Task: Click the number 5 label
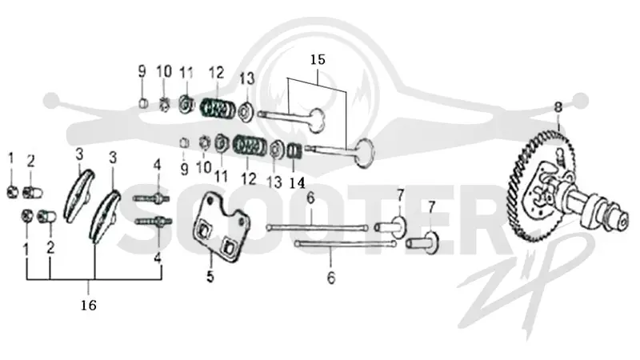[x=210, y=276]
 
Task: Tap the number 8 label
[x=558, y=107]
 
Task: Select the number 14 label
[x=297, y=183]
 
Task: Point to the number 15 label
[x=318, y=59]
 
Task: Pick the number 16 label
[x=89, y=305]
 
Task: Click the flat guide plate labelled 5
[x=220, y=226]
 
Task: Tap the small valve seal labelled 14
[x=294, y=151]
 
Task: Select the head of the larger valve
[x=364, y=153]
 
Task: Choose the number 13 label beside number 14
[x=274, y=182]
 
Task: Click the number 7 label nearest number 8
[x=431, y=207]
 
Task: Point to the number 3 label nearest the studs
[x=113, y=158]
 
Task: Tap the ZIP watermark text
[x=526, y=286]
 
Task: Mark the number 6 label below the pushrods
[x=331, y=278]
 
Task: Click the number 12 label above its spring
[x=217, y=73]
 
